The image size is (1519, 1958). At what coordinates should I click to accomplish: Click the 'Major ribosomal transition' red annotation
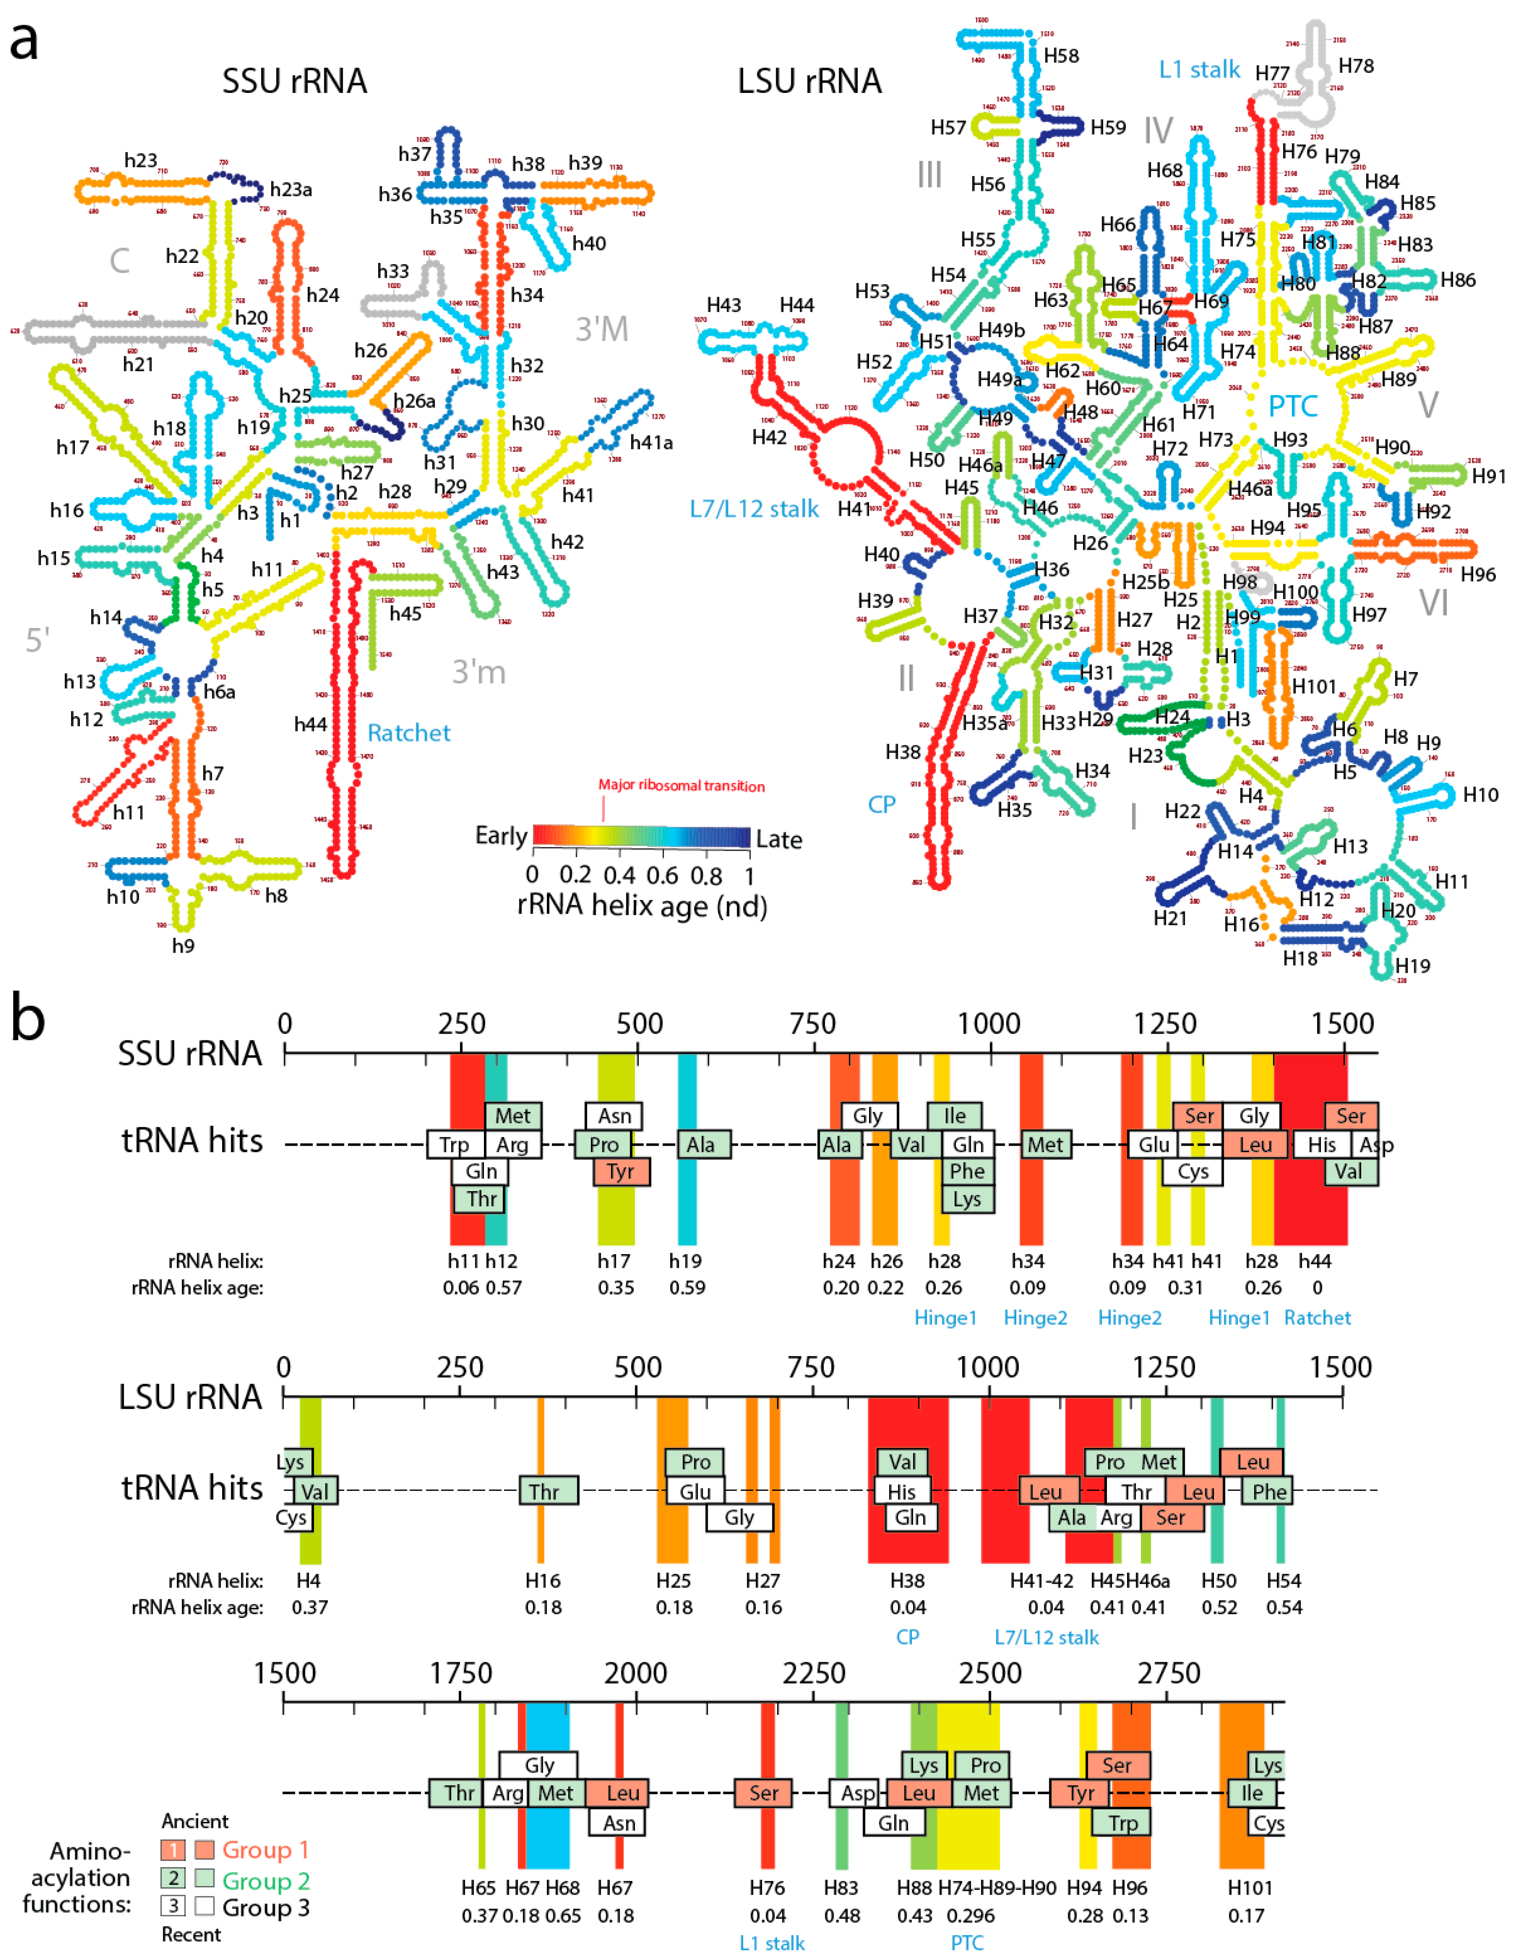point(681,785)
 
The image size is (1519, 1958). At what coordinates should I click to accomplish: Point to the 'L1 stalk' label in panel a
point(1199,70)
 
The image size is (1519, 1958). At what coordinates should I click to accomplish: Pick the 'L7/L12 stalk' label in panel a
point(754,509)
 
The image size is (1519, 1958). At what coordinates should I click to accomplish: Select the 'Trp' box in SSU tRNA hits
point(454,1145)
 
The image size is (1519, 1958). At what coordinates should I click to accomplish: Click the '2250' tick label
point(813,1673)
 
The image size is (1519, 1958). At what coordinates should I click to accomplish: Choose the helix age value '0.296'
point(970,1916)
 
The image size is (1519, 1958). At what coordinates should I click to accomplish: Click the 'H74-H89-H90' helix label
point(997,1888)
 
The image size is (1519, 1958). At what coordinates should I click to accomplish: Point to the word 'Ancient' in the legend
point(194,1821)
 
